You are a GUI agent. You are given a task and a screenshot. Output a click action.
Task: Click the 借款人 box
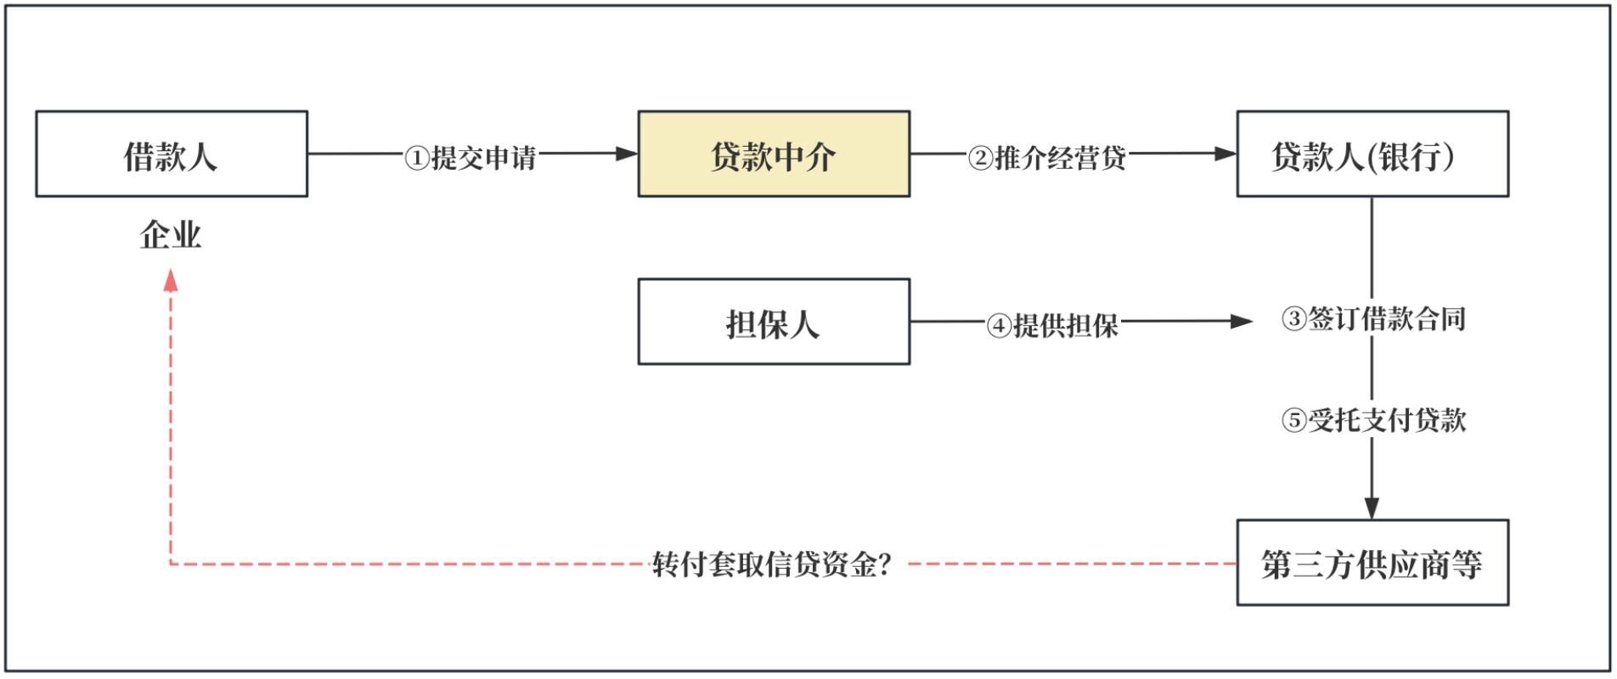coord(172,154)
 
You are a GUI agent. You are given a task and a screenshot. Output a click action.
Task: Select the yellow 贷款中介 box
coord(774,154)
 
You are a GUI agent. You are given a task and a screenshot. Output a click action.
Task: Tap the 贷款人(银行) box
coord(1372,154)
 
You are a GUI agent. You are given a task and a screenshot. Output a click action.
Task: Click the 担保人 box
coord(774,322)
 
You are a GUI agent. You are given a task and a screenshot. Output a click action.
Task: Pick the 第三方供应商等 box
coord(1372,563)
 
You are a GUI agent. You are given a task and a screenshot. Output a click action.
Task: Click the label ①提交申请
coord(470,157)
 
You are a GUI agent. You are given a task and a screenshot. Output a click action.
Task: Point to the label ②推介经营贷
coord(1047,157)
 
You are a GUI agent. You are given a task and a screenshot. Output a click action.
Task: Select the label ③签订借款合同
coord(1373,319)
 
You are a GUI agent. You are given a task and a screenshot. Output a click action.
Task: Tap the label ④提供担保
coord(1052,325)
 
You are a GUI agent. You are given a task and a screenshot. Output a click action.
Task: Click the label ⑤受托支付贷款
coord(1373,419)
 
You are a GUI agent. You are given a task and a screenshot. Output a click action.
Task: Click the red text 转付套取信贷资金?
coord(771,564)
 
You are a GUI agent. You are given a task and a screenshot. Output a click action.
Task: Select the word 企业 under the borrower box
coord(171,235)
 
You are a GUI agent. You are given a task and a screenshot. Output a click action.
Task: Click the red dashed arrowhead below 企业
coord(171,280)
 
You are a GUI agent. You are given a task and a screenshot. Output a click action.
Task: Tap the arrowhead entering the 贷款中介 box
coord(627,154)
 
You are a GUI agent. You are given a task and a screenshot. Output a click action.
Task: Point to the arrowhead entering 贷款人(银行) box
coord(1225,154)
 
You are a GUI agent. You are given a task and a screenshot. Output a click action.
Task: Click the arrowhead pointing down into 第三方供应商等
coord(1372,508)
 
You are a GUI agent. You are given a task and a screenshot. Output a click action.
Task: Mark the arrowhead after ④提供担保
coord(1242,322)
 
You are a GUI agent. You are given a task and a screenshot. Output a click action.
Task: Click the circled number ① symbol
coord(416,158)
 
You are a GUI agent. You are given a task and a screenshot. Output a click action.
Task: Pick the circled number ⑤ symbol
coord(1293,420)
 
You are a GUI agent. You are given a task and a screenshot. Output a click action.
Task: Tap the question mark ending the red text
coord(885,564)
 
